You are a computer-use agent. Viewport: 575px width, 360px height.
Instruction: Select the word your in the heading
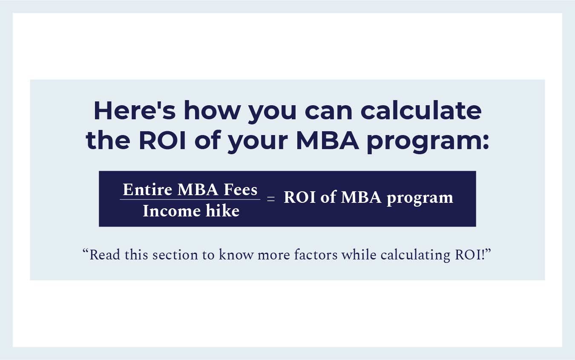click(x=257, y=141)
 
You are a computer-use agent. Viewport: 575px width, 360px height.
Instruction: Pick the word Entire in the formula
click(x=147, y=190)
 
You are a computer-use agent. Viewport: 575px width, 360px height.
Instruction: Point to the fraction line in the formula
click(x=190, y=199)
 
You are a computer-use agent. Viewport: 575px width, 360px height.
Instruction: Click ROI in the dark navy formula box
click(x=299, y=198)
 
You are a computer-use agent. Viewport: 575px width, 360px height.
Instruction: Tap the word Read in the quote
click(x=102, y=255)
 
